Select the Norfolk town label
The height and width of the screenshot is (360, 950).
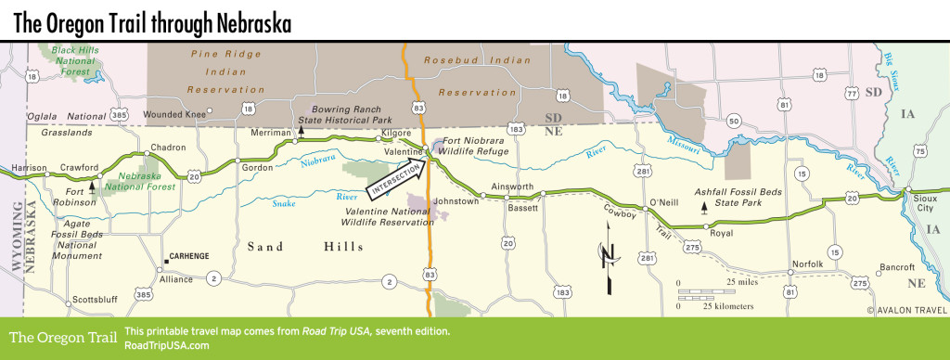808,264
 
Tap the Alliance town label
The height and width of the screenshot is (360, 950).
177,278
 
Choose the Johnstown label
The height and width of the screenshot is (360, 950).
458,200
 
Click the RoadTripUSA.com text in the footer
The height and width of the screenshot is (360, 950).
166,345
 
